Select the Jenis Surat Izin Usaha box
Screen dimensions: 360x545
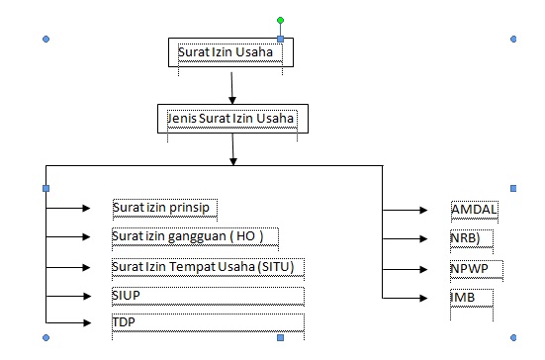[231, 119]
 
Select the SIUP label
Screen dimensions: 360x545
[126, 296]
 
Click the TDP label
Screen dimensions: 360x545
[123, 323]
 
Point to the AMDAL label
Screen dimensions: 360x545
[473, 210]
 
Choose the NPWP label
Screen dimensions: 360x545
[470, 268]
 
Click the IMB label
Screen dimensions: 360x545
[461, 296]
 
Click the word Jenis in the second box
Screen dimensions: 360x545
[181, 119]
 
